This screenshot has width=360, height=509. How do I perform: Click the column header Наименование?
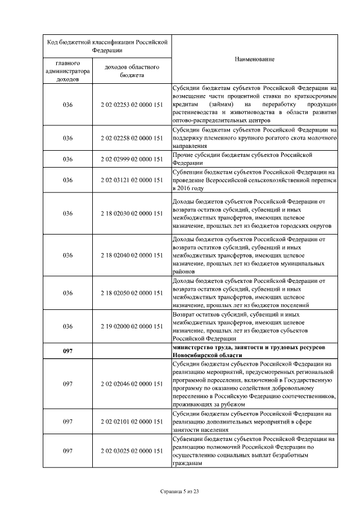[255, 59]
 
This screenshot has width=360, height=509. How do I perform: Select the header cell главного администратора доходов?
[67, 71]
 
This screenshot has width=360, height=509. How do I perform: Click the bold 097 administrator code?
[67, 351]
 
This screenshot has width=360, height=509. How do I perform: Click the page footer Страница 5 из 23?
[180, 492]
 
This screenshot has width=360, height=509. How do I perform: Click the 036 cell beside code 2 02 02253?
[67, 104]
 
